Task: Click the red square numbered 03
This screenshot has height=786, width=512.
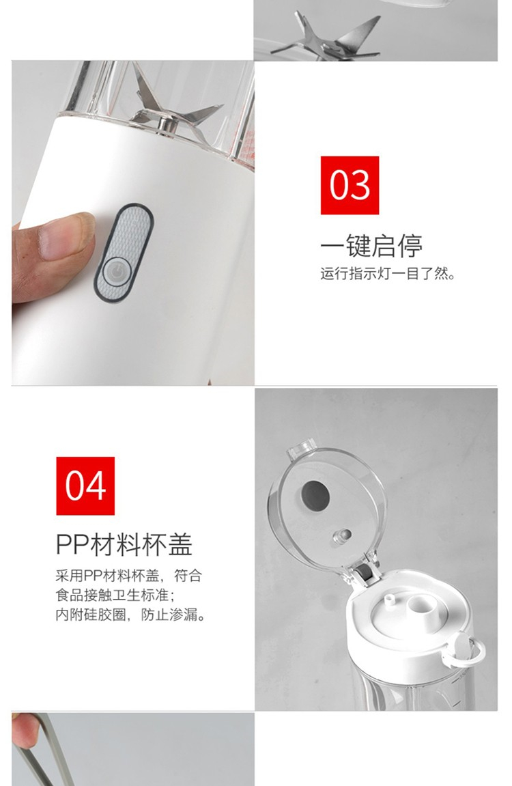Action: pyautogui.click(x=350, y=185)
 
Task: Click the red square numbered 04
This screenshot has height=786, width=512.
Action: pyautogui.click(x=85, y=486)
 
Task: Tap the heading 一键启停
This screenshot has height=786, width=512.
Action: pyautogui.click(x=371, y=245)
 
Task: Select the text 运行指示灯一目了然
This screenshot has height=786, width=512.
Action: pyautogui.click(x=388, y=274)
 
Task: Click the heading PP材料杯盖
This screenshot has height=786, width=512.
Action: pyautogui.click(x=124, y=544)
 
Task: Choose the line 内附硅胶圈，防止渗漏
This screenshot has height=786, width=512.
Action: pyautogui.click(x=131, y=614)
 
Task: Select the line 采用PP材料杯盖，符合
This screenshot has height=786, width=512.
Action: pyautogui.click(x=129, y=576)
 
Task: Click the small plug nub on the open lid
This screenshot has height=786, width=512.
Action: pyautogui.click(x=341, y=536)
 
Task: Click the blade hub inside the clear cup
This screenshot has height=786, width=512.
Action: pyautogui.click(x=164, y=126)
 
